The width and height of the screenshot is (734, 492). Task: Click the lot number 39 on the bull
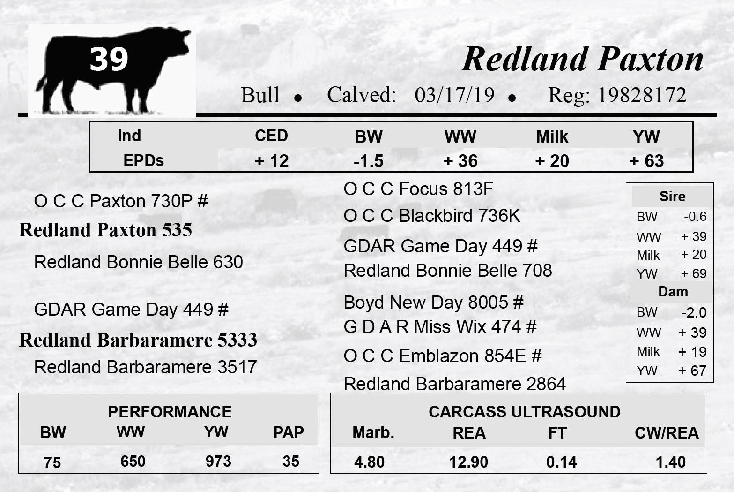click(109, 59)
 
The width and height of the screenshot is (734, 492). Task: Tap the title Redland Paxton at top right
click(582, 59)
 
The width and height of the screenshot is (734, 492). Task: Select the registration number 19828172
click(642, 95)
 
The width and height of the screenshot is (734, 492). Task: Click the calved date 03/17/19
click(454, 95)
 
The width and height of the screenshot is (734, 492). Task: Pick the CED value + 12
click(272, 161)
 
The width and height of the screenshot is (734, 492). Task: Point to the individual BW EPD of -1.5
click(369, 161)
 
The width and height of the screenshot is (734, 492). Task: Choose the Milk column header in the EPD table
click(552, 137)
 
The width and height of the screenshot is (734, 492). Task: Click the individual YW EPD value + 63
click(646, 161)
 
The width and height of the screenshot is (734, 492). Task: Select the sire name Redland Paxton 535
click(105, 230)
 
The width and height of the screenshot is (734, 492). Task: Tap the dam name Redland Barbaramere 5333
click(138, 340)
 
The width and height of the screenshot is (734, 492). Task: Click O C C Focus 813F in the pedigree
click(418, 189)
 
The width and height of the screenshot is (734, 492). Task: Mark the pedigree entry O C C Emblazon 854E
click(434, 356)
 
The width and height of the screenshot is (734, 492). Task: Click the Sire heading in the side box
click(672, 197)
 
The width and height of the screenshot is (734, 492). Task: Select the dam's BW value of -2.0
click(694, 312)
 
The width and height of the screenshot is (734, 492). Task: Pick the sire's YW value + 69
click(694, 273)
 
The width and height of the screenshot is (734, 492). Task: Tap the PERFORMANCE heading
click(170, 412)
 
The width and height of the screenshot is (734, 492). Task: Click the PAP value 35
click(291, 462)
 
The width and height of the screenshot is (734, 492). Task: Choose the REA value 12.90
click(468, 462)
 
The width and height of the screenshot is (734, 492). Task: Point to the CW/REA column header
click(667, 433)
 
